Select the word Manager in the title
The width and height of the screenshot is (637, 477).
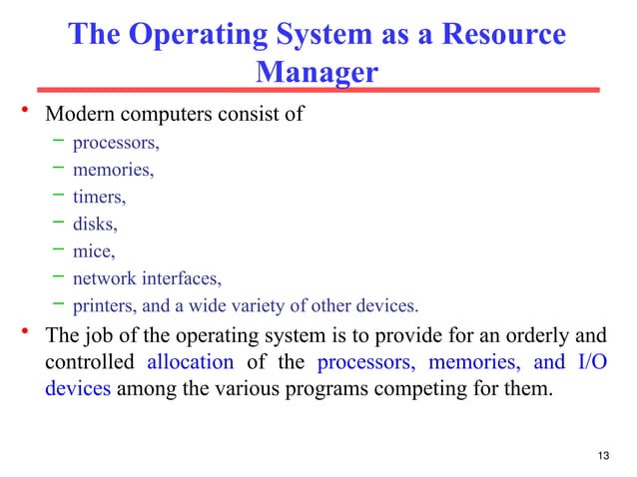pos(318,73)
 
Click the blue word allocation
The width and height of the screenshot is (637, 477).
pos(190,361)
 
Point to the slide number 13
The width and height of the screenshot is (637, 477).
pos(601,457)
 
